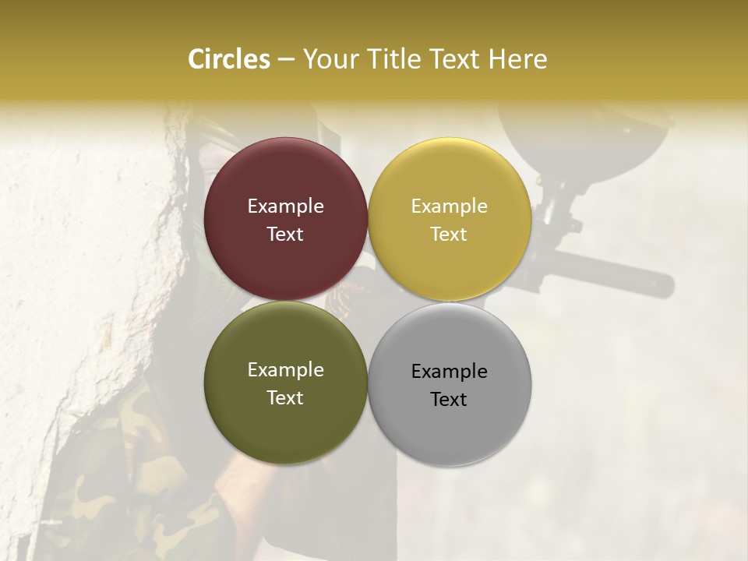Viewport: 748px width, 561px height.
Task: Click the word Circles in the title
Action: click(x=229, y=59)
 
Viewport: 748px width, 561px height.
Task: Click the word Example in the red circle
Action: click(x=285, y=206)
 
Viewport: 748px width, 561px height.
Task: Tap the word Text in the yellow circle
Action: click(x=449, y=235)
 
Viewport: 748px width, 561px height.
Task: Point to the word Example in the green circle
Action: click(x=285, y=370)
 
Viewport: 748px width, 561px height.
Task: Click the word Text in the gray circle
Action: click(x=449, y=400)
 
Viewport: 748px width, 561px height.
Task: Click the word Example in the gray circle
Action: click(x=449, y=372)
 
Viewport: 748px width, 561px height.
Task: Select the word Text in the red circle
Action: click(x=285, y=235)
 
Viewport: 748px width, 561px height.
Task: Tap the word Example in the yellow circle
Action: click(x=449, y=206)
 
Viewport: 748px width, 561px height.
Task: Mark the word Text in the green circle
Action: click(x=285, y=398)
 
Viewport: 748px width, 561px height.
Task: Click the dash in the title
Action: click(x=286, y=60)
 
